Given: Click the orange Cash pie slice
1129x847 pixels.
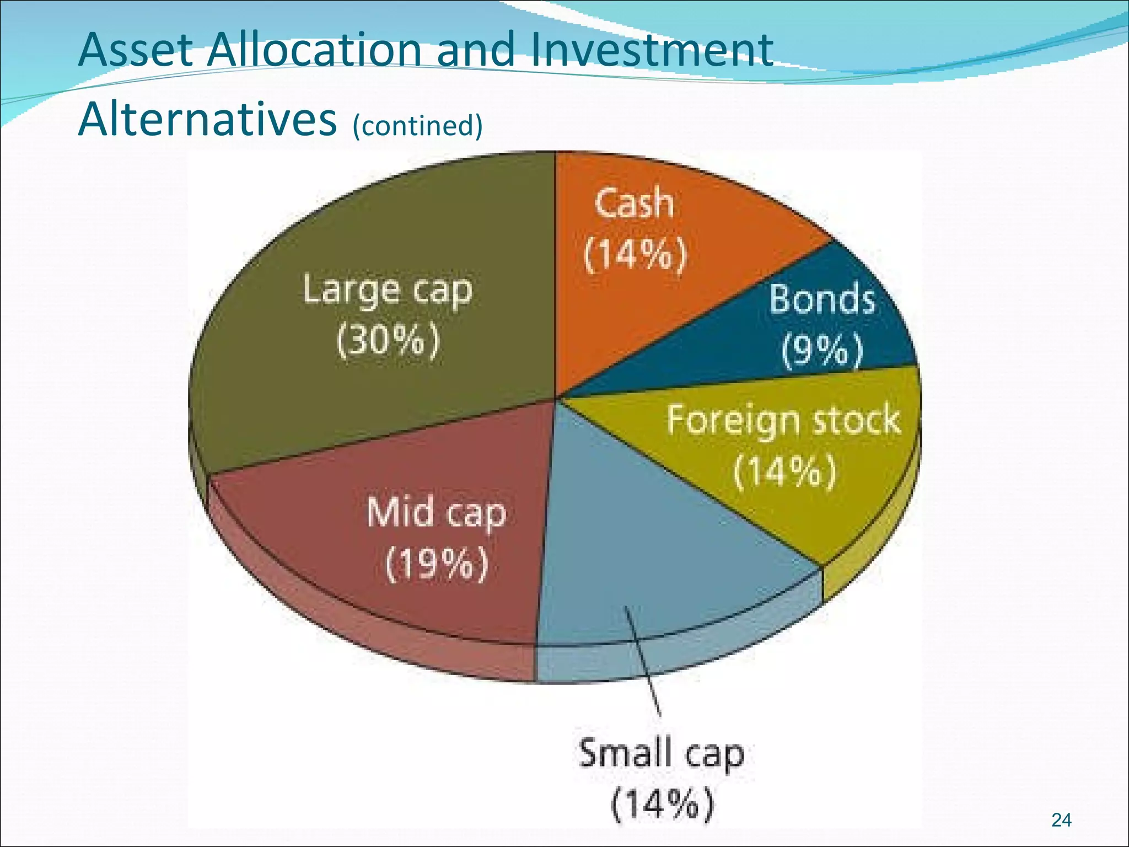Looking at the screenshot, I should coord(662,309).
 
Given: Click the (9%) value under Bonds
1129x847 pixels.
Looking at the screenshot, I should coord(822,349).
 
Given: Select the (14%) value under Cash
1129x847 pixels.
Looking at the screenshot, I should coord(636,254).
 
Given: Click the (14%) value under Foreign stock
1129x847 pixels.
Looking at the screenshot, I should coord(785,471).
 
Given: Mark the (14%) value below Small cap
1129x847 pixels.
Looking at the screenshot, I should coord(662,805).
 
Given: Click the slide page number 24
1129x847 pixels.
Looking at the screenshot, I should coord(1061,820).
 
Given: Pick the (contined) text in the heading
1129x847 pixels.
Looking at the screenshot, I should coord(417,125).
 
